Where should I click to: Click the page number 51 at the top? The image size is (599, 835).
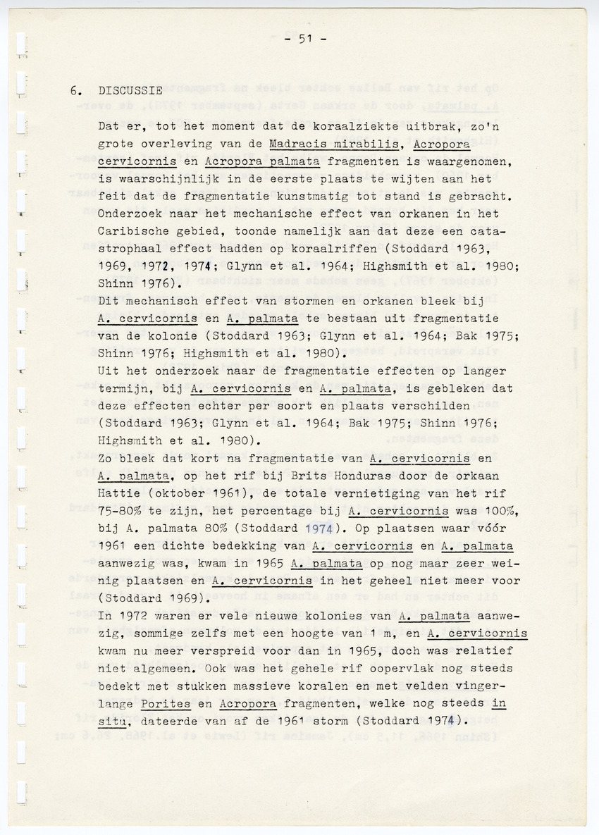[x=304, y=39]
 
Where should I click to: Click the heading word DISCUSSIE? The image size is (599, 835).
[x=130, y=91]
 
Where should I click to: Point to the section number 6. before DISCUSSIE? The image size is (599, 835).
[x=77, y=91]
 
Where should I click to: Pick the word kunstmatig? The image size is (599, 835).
[x=319, y=197]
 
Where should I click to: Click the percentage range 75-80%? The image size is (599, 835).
[x=123, y=510]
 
